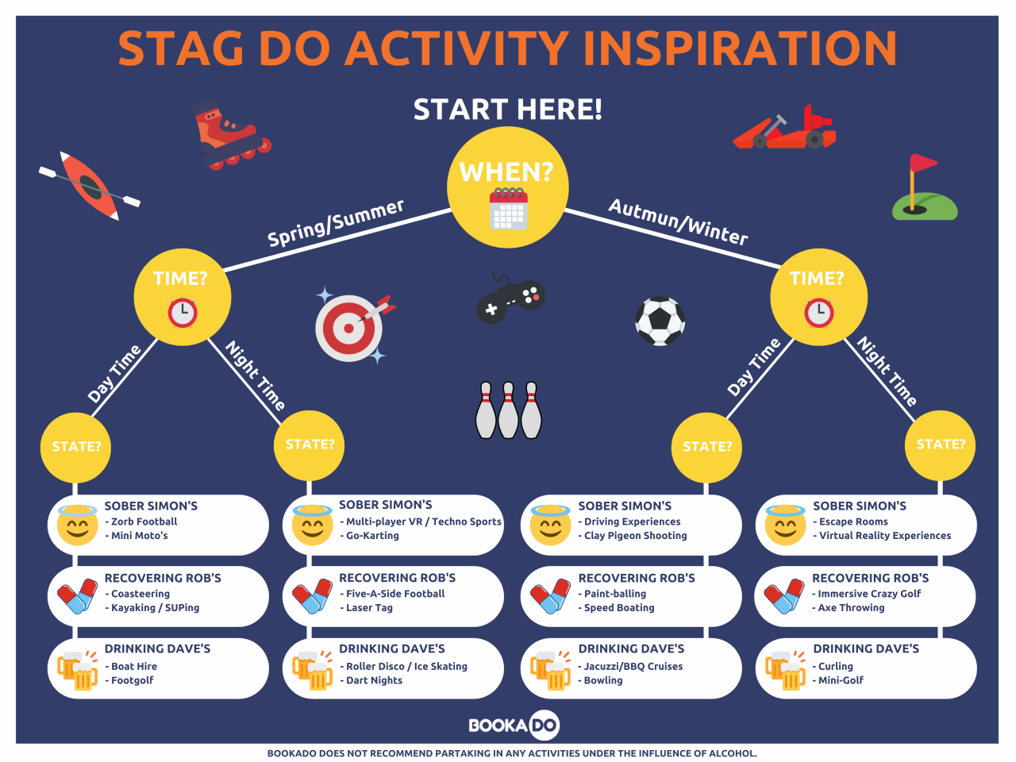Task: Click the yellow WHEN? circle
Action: point(508,187)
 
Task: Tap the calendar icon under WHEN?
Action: point(508,209)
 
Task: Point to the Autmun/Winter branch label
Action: point(678,221)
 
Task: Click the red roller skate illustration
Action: point(230,135)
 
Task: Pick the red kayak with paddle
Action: point(90,186)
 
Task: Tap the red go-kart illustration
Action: point(784,128)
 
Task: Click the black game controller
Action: point(510,298)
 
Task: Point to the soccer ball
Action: point(660,321)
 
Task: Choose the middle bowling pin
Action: point(508,410)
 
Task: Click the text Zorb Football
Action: point(144,521)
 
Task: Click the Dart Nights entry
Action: point(371,680)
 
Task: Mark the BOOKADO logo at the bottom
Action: point(514,725)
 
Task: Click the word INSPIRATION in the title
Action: point(740,48)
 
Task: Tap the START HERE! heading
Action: point(508,110)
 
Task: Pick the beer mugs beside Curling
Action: point(784,671)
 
